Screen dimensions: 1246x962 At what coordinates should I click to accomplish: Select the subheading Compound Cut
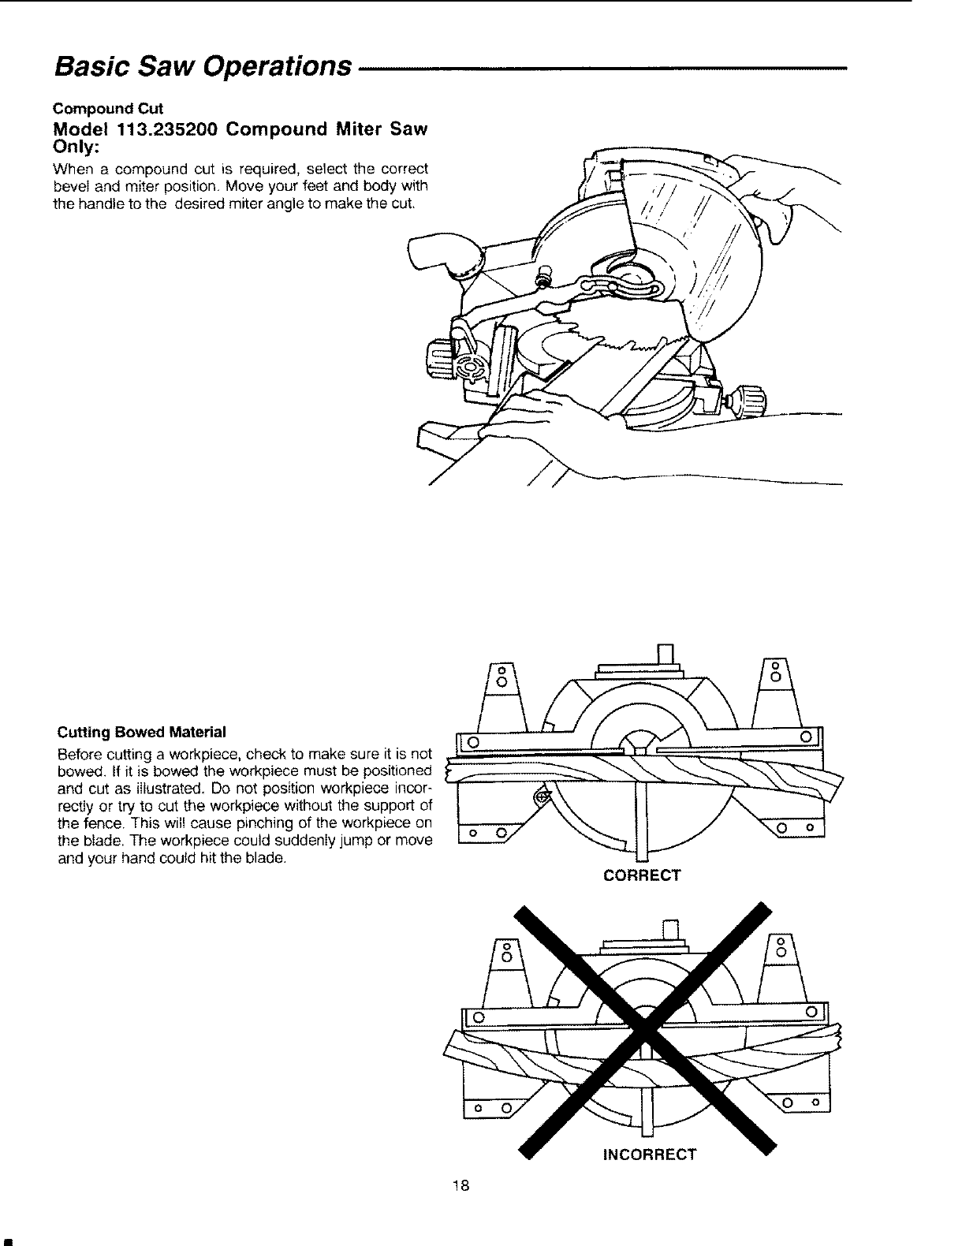coord(107,108)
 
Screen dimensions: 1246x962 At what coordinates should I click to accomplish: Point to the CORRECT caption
coord(641,875)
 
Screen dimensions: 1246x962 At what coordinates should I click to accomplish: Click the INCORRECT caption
coord(649,1155)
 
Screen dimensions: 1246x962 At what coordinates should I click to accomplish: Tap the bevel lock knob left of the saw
coord(437,359)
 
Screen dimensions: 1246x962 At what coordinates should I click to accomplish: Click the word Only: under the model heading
coord(73,147)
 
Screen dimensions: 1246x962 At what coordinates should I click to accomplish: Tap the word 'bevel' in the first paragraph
coord(69,186)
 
